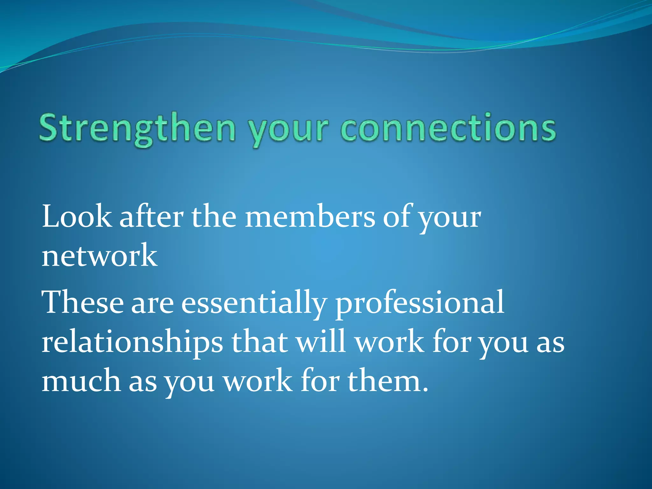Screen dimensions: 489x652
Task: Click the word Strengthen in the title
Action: click(137, 129)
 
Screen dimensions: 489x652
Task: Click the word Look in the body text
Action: click(77, 217)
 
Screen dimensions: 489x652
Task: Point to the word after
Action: click(151, 216)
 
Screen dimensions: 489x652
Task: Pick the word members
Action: click(310, 217)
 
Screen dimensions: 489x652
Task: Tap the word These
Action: click(82, 302)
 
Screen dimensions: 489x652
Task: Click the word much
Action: click(81, 381)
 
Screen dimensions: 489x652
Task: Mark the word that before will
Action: click(259, 342)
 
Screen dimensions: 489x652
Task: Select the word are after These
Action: click(152, 304)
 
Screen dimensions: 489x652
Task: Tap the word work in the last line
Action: click(258, 381)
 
